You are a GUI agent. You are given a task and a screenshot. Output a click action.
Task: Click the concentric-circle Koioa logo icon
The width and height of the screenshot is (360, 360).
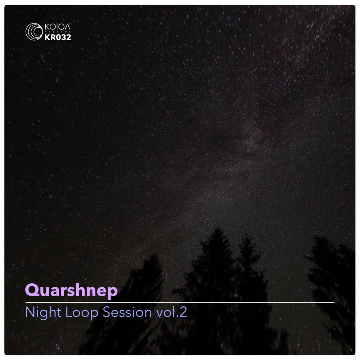point(34,31)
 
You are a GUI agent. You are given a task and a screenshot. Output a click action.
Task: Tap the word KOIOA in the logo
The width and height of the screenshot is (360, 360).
point(58,27)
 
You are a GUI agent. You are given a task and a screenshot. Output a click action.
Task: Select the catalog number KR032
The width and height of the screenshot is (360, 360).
point(58,37)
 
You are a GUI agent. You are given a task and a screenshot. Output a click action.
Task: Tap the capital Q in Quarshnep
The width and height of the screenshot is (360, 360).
point(31,290)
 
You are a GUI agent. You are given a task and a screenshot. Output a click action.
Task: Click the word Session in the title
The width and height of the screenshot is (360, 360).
point(127,312)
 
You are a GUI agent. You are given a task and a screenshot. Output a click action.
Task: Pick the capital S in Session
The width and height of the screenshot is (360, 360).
point(107,312)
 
